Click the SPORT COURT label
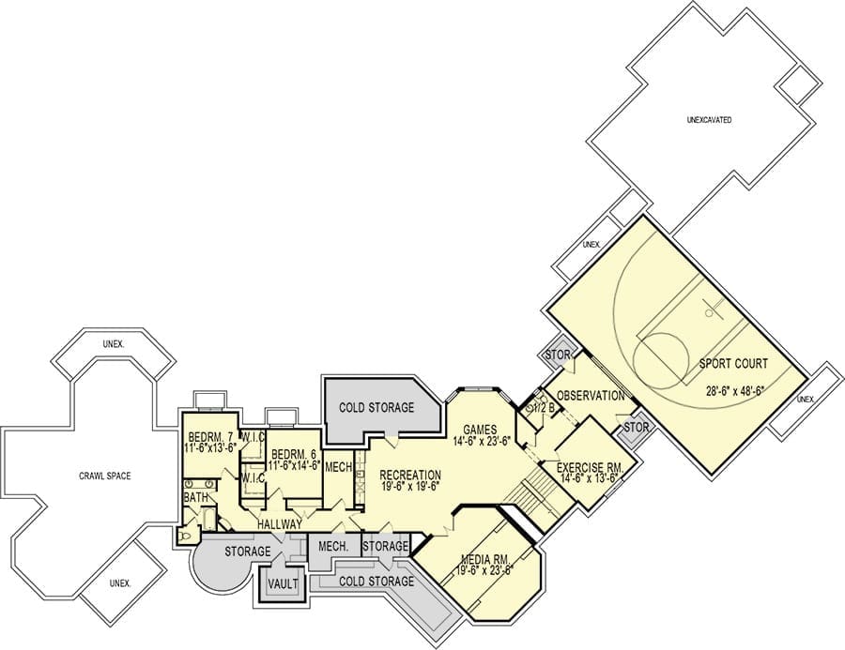733,364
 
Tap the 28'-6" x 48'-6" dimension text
734,390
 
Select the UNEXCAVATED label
709,120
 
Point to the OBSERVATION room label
591,396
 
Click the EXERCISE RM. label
590,467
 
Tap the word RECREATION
410,475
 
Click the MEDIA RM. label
485,558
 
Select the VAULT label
283,583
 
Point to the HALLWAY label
279,524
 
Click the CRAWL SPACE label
105,476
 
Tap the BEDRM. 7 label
210,436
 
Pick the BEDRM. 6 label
294,453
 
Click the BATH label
195,498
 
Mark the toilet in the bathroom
185,536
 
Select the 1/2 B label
543,407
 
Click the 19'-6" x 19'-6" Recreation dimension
410,485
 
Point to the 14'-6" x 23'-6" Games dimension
482,440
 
